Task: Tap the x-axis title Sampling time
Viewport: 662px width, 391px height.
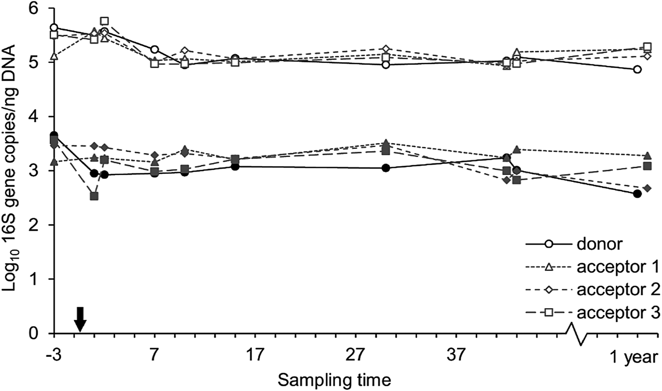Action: pos(334,380)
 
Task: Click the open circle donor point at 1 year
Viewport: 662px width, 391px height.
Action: pos(637,70)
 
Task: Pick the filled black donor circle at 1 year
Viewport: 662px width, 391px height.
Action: pos(637,194)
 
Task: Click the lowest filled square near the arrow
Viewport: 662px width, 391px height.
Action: pos(94,196)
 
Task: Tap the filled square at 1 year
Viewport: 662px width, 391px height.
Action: pos(647,166)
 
